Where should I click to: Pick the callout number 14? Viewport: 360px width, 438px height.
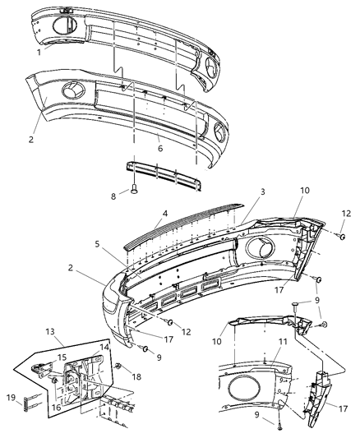[x=103, y=348]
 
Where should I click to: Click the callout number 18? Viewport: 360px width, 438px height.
[x=137, y=376]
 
